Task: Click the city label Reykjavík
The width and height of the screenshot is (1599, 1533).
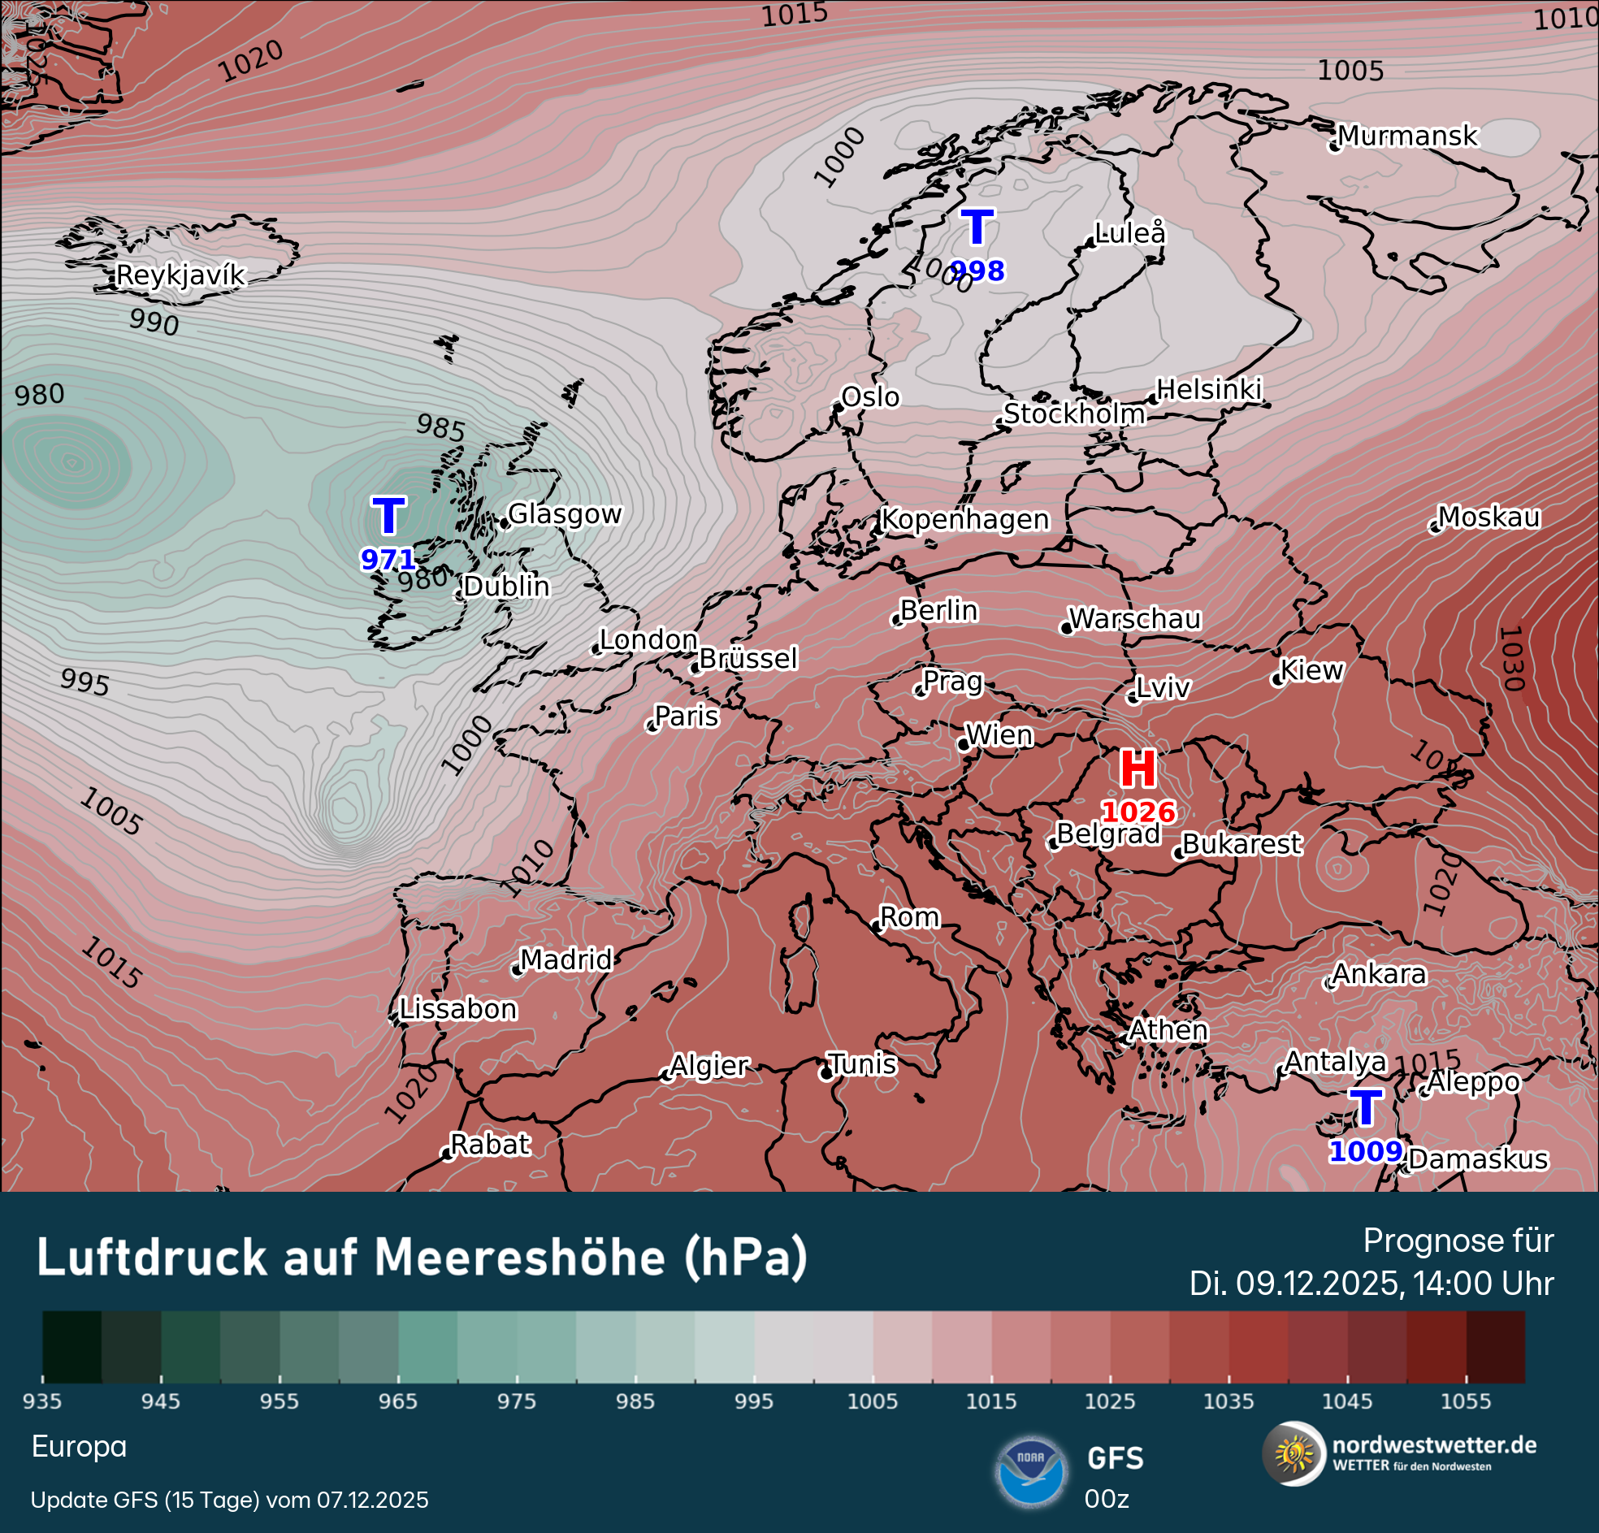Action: pyautogui.click(x=180, y=275)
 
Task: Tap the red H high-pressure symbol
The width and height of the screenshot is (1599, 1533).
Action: pyautogui.click(x=1137, y=769)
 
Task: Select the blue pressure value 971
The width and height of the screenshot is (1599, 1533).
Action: pyautogui.click(x=388, y=560)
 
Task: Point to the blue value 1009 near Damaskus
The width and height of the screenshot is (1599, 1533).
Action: pyautogui.click(x=1366, y=1152)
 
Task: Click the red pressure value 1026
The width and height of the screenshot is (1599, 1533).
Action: pyautogui.click(x=1138, y=812)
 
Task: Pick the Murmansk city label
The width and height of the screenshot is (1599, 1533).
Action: pyautogui.click(x=1407, y=136)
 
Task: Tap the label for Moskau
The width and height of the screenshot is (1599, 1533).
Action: pyautogui.click(x=1488, y=517)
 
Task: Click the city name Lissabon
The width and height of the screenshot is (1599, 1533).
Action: pyautogui.click(x=457, y=1010)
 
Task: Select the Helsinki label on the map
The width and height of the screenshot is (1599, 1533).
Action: pyautogui.click(x=1209, y=390)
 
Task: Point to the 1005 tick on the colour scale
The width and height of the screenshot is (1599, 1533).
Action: pyautogui.click(x=872, y=1401)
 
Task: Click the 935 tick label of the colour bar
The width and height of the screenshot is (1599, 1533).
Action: pyautogui.click(x=42, y=1401)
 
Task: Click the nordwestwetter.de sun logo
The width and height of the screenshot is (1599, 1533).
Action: pyautogui.click(x=1293, y=1455)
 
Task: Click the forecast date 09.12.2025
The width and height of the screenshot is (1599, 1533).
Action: pyautogui.click(x=1320, y=1284)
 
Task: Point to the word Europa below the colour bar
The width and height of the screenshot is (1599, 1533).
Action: pyautogui.click(x=79, y=1447)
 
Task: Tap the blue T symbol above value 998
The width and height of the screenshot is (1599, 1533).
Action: pyautogui.click(x=977, y=227)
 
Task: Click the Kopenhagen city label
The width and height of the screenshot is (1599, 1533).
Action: pyautogui.click(x=965, y=520)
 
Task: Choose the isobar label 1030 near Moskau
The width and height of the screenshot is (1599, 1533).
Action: pyautogui.click(x=1512, y=658)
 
